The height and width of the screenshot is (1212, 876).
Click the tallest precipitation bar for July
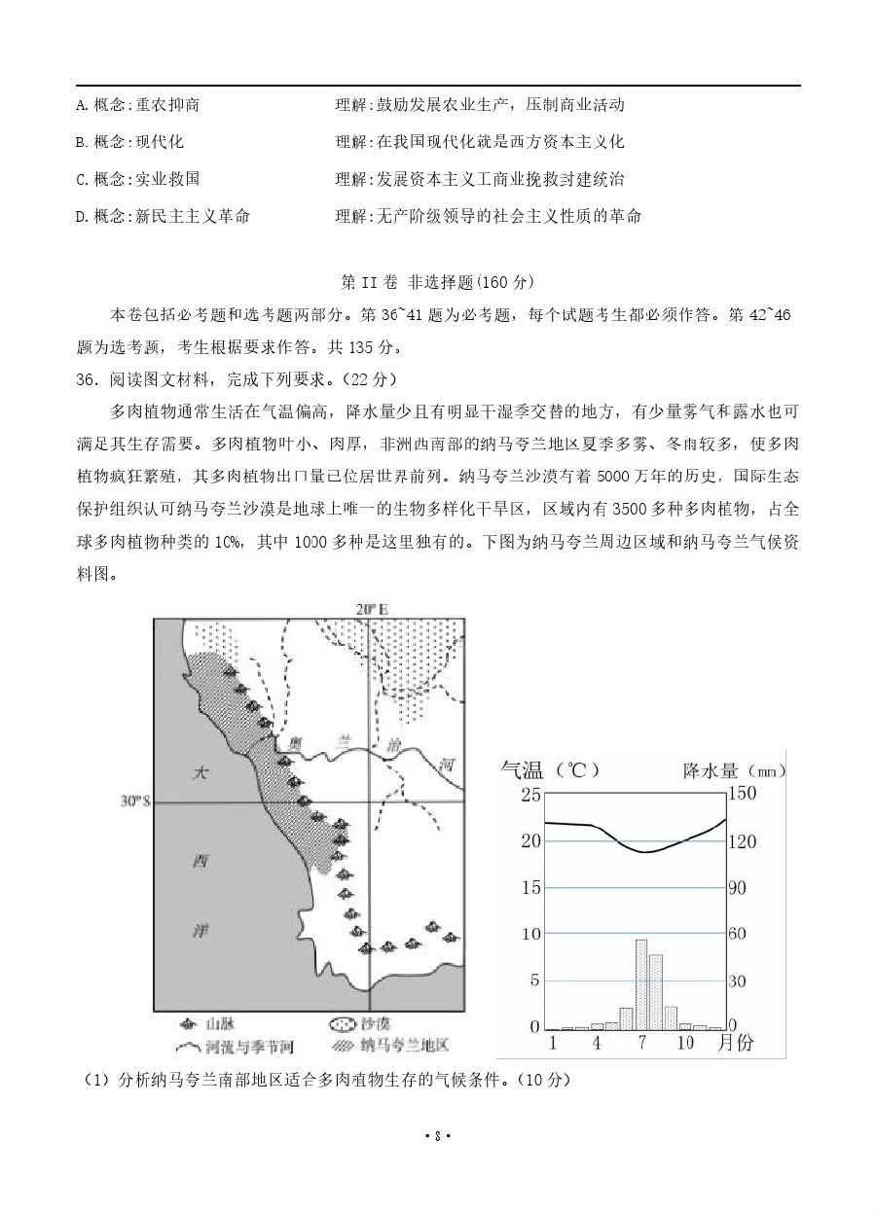coord(641,983)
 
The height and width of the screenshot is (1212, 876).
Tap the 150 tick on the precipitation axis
coord(742,794)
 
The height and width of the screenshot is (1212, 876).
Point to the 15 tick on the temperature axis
coord(529,887)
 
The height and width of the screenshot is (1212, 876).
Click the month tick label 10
coord(685,1042)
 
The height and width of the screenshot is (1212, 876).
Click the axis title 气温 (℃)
coord(549,770)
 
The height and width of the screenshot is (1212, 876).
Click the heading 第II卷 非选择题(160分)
coord(437,282)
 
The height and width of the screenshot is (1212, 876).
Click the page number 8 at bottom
coord(438,1135)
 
